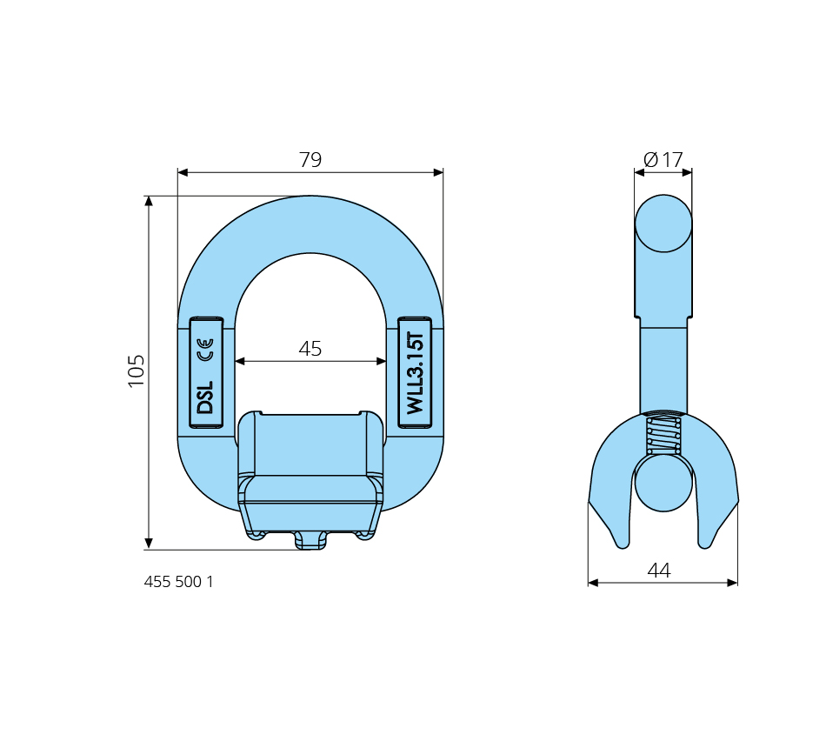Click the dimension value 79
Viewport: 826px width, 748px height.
(x=310, y=159)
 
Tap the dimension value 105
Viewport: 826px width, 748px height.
(x=136, y=371)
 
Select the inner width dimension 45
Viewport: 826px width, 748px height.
(x=310, y=349)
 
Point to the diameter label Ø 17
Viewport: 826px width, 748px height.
(x=663, y=159)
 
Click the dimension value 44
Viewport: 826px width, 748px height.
(x=659, y=571)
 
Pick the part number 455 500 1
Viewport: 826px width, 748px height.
(x=178, y=581)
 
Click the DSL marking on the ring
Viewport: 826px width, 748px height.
(x=205, y=397)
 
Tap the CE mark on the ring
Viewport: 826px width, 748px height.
(x=205, y=350)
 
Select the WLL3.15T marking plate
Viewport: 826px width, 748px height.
(x=415, y=372)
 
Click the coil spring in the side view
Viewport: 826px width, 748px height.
(x=663, y=436)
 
